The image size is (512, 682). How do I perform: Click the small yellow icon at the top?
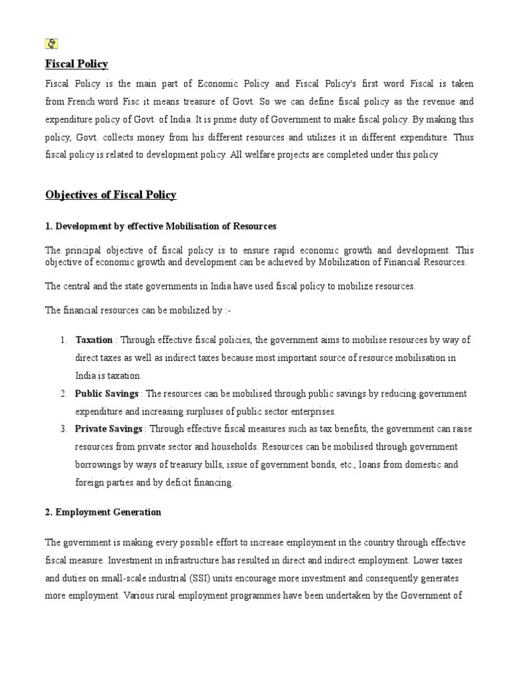point(51,44)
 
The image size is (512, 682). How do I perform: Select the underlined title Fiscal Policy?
point(76,64)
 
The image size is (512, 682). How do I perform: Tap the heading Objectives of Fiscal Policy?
point(111,195)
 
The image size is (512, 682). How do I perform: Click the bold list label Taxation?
point(93,340)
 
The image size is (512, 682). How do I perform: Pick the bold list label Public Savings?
point(107,394)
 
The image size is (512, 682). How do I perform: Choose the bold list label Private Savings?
point(108,428)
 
